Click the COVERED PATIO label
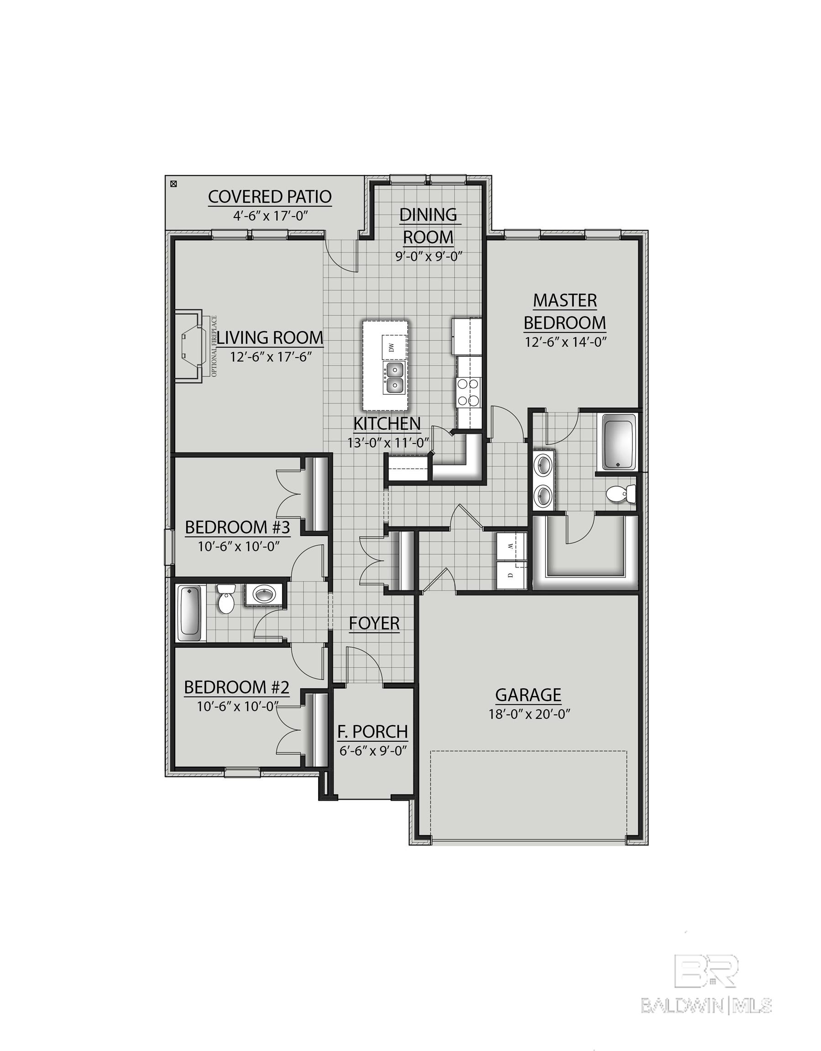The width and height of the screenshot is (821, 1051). (270, 197)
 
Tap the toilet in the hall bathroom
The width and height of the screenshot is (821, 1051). (225, 599)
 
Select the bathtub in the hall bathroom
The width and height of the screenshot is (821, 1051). (189, 613)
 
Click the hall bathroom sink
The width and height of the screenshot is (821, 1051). (263, 595)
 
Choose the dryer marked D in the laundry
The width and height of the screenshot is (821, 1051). (512, 574)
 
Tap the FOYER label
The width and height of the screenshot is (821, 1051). (374, 623)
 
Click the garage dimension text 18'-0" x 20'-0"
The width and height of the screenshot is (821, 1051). (529, 713)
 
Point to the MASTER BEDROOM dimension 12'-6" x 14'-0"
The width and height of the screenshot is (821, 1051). (565, 342)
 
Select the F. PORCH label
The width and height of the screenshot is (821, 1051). (372, 732)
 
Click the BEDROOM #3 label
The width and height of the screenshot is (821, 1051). (237, 528)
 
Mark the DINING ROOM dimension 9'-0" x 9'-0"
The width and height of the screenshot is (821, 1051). (429, 256)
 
